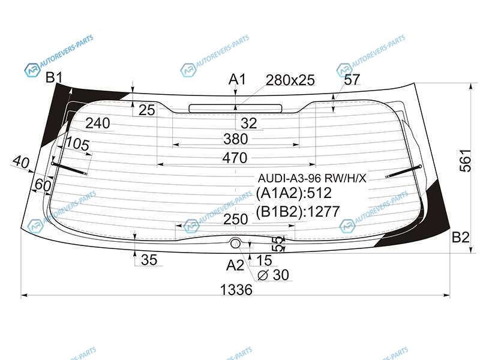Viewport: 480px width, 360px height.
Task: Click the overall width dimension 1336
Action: [x=236, y=290]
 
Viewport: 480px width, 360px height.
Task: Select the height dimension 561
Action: [x=466, y=161]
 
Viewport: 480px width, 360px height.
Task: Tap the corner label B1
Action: [x=54, y=77]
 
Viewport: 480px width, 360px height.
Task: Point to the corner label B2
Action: [x=461, y=237]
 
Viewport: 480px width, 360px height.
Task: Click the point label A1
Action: [x=237, y=80]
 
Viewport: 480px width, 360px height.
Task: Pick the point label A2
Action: [x=235, y=265]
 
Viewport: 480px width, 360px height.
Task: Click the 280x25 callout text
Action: [x=290, y=80]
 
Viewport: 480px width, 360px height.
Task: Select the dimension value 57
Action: [x=352, y=80]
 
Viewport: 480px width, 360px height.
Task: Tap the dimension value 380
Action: [x=235, y=139]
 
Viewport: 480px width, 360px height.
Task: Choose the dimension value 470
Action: [x=235, y=158]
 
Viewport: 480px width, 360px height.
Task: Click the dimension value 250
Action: [x=235, y=219]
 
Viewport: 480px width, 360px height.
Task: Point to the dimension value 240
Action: [x=98, y=123]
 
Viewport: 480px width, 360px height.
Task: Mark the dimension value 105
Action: [x=78, y=143]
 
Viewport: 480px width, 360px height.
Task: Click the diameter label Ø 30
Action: [x=274, y=275]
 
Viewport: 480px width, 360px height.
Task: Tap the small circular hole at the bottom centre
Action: [x=235, y=244]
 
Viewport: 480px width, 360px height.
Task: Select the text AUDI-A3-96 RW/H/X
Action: [x=312, y=178]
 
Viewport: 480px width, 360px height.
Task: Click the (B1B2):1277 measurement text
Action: [x=298, y=212]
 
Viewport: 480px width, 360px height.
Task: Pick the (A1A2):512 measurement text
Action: [x=294, y=193]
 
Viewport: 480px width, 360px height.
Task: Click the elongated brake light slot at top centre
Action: [x=235, y=109]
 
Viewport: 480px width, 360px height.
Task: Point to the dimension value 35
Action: [x=149, y=260]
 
